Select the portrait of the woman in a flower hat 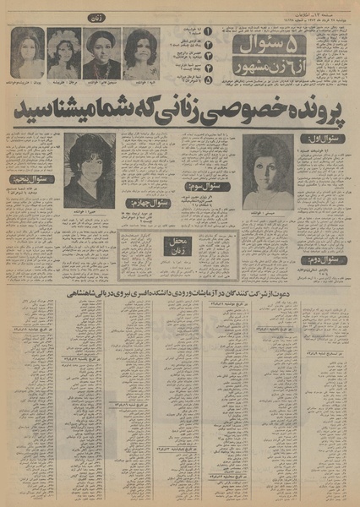click(63, 53)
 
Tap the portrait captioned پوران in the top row click(27, 53)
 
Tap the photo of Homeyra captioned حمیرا click(88, 172)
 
